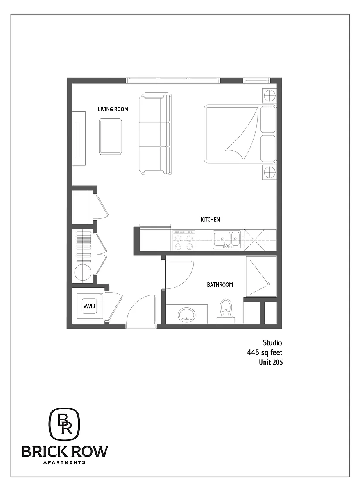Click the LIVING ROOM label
coord(113,109)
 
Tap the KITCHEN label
coord(210,219)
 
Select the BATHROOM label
coord(220,285)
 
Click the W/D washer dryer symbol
coord(90,306)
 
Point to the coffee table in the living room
coord(110,137)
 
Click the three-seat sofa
coord(155,134)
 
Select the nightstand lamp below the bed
coord(269,172)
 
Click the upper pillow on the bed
coord(268,119)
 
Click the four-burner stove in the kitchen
coord(183,240)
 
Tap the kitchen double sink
coord(226,240)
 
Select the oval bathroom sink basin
coord(186,315)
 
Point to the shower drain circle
coord(269,284)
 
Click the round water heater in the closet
coord(83,273)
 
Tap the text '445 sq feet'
coord(265,352)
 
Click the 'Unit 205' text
coord(271,362)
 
